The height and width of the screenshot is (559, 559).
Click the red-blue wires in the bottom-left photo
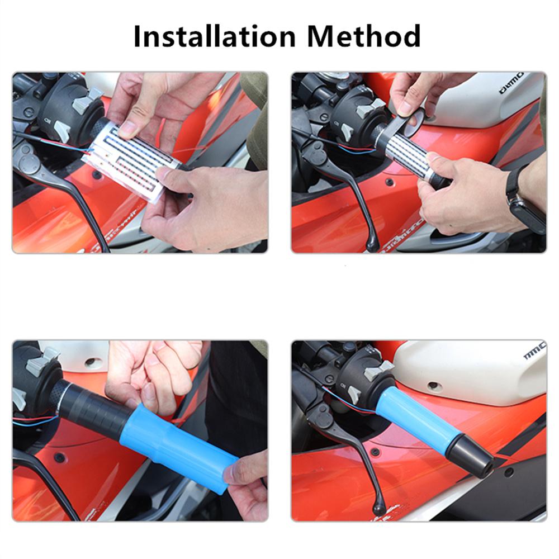[34, 419]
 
